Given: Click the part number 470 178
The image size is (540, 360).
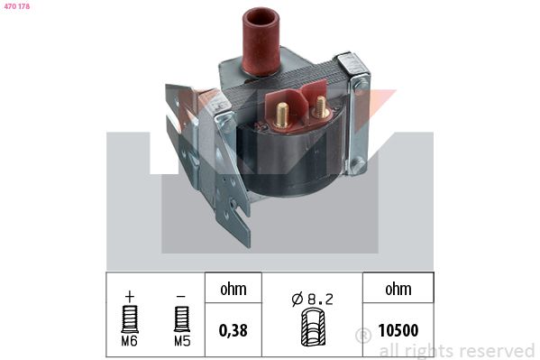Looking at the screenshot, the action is (x=17, y=6).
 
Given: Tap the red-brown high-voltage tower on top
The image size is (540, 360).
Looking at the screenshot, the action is (x=261, y=41).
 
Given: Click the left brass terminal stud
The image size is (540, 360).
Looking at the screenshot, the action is (x=281, y=115).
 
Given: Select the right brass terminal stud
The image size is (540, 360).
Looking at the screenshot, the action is (x=321, y=106).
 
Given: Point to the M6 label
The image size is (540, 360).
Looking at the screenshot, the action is (x=130, y=341).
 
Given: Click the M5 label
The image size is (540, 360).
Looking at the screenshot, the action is (x=182, y=341).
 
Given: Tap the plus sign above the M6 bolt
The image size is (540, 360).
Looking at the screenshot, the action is (x=130, y=296).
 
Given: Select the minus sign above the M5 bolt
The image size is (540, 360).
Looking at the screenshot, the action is (x=181, y=296).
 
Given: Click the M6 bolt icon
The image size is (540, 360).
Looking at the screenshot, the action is (x=130, y=319).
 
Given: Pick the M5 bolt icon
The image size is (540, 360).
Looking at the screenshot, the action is (x=182, y=319).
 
